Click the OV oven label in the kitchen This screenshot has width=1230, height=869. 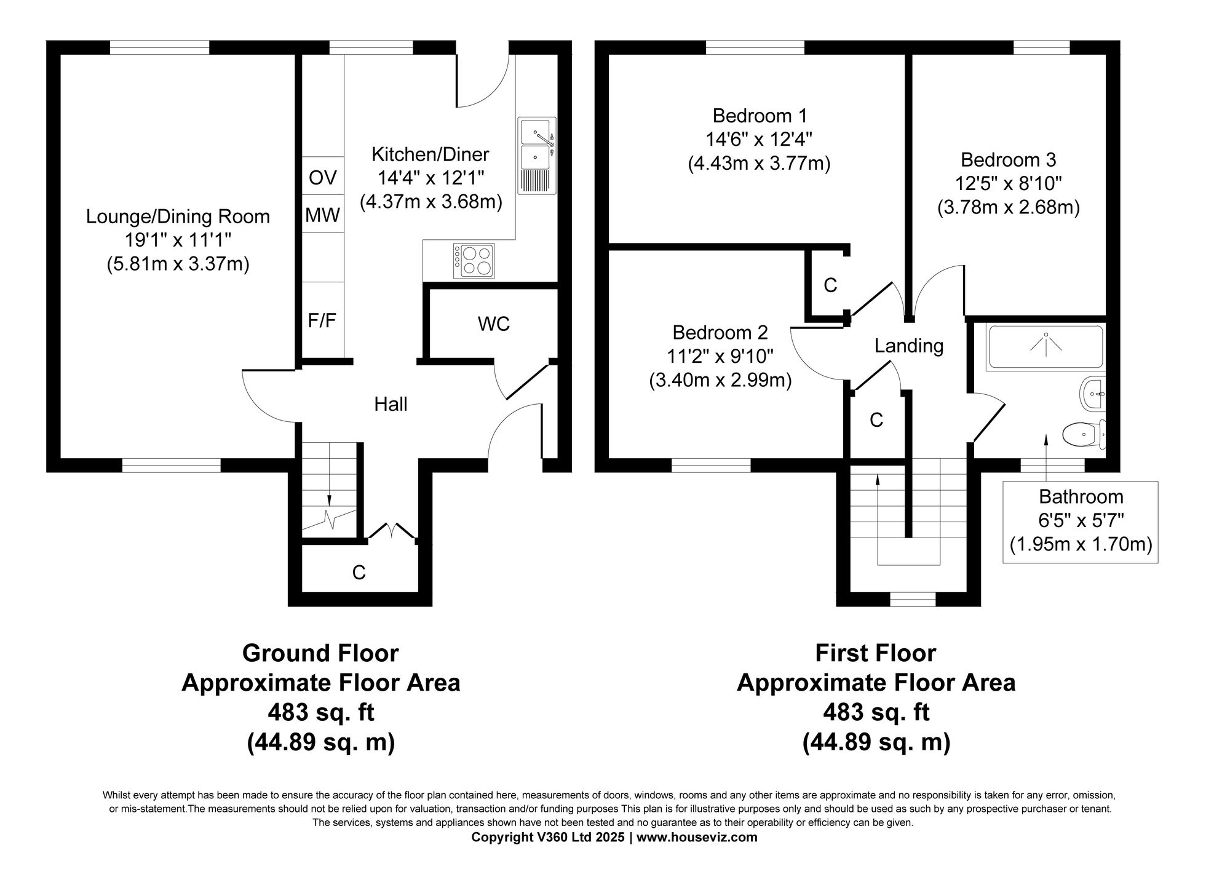click(x=322, y=178)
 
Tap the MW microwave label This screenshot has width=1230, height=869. click(x=322, y=215)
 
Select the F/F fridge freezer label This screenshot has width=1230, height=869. click(x=322, y=320)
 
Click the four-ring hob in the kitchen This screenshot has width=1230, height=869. click(x=474, y=261)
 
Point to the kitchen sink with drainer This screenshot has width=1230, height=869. click(x=537, y=156)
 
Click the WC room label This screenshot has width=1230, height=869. click(x=493, y=324)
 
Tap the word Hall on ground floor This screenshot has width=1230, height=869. click(x=391, y=404)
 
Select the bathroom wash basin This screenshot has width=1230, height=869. click(x=1093, y=393)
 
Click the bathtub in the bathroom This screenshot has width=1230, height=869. click(x=1045, y=347)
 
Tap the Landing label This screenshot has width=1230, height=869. click(x=908, y=346)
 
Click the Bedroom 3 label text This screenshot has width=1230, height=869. click(x=1008, y=160)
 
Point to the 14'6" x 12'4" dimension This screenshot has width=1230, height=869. click(x=758, y=140)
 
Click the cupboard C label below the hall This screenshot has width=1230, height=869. click(x=359, y=573)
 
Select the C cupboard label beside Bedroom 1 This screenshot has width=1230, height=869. click(x=830, y=285)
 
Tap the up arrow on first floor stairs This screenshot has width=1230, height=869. click(x=877, y=480)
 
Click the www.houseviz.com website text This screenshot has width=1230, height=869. click(x=697, y=837)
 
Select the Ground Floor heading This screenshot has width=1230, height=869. click(x=320, y=653)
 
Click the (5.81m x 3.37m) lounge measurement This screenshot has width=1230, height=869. click(x=178, y=264)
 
